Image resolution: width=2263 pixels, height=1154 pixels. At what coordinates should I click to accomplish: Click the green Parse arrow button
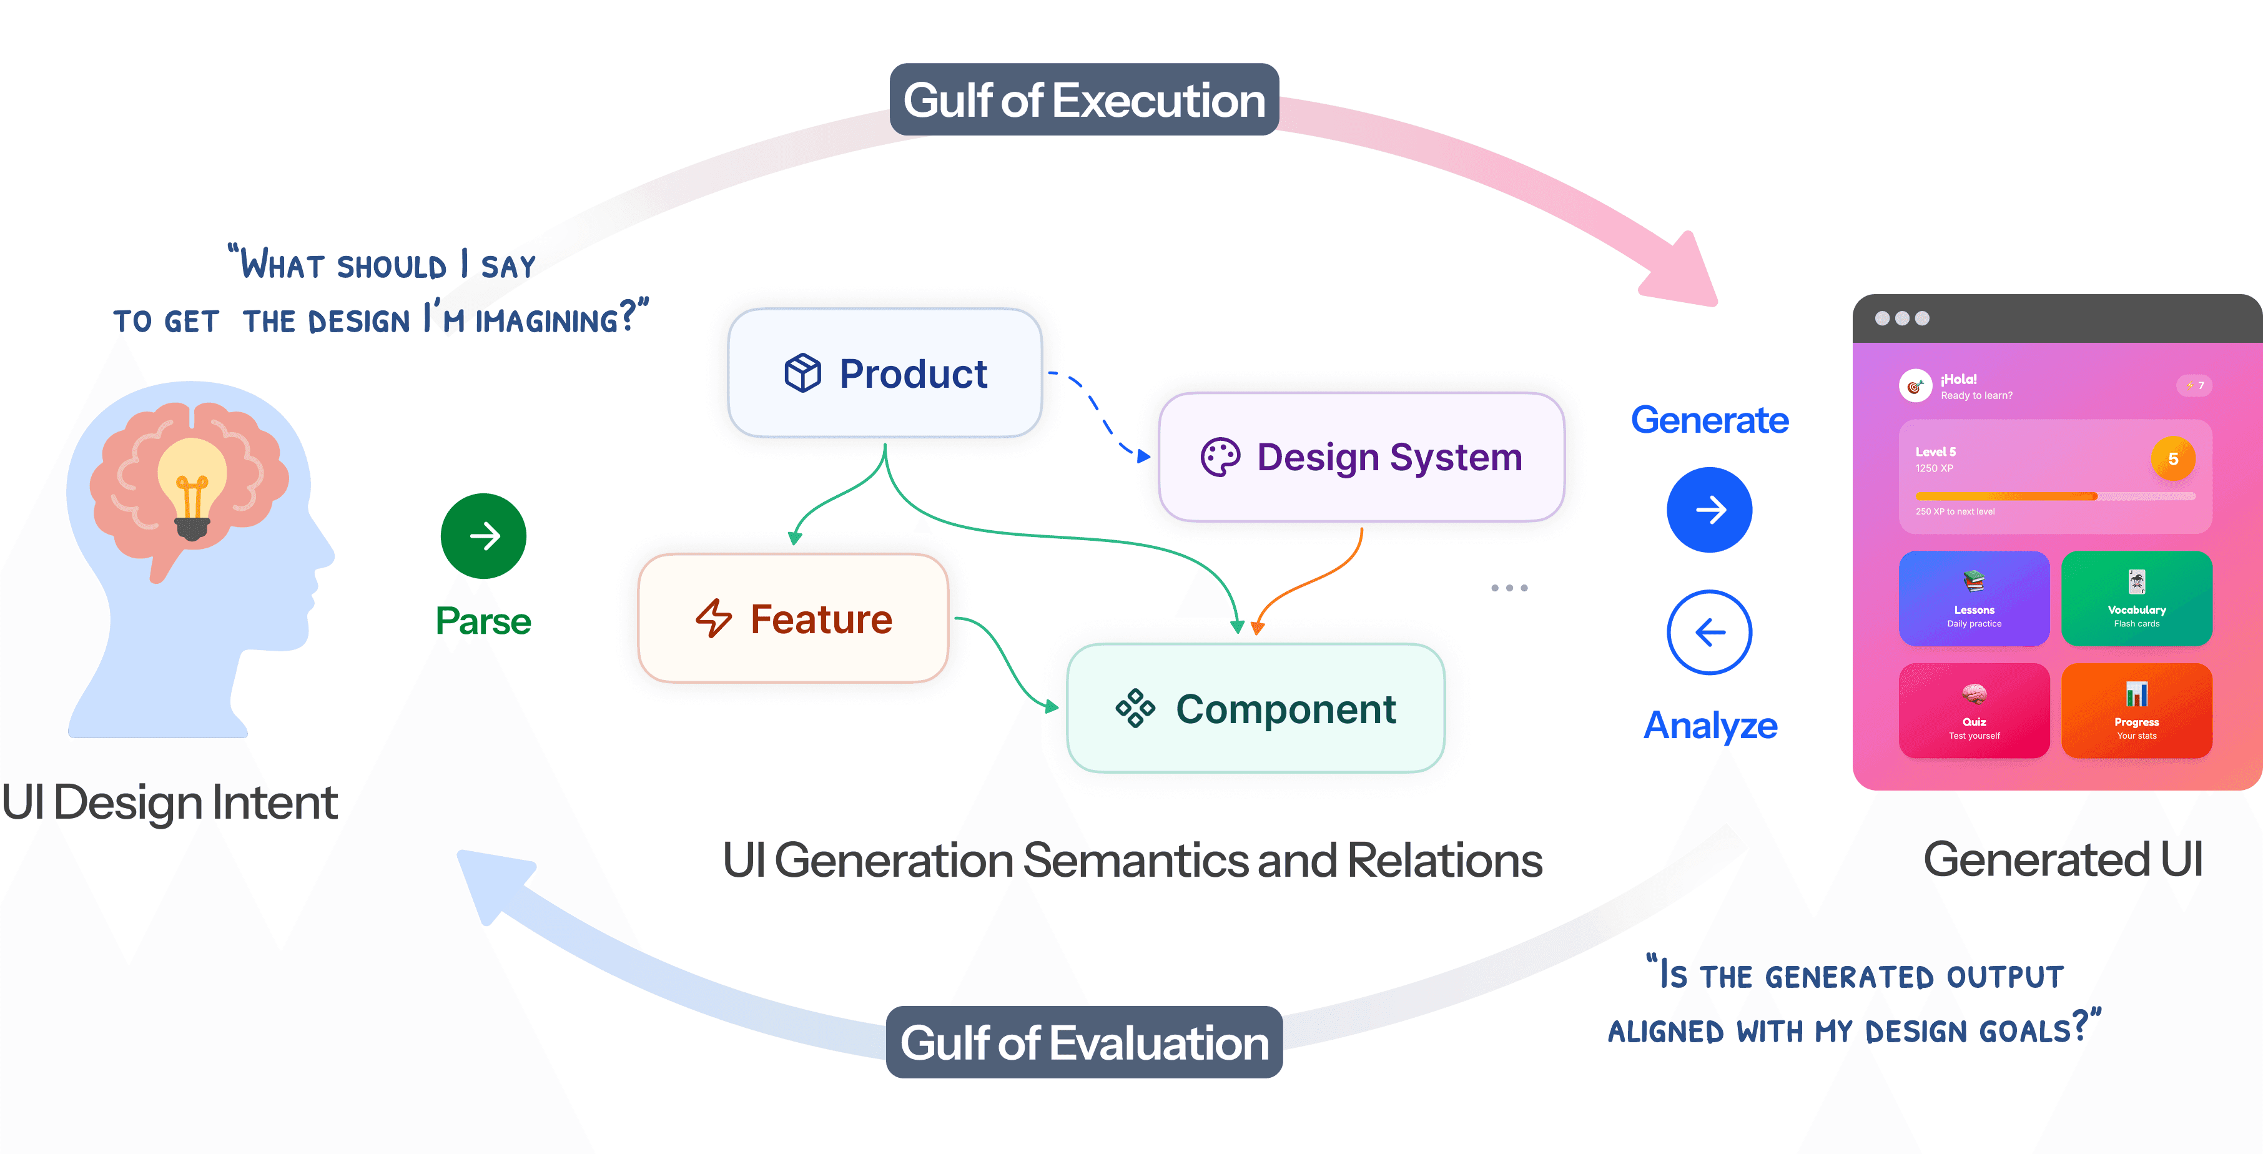point(483,536)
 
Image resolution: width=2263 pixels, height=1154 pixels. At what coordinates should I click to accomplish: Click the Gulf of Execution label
point(1084,100)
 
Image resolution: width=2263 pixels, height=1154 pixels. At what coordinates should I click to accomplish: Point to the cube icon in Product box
point(802,373)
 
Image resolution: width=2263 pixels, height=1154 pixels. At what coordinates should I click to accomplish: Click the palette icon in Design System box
point(1220,458)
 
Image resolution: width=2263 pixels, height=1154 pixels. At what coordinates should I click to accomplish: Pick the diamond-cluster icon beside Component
point(1135,708)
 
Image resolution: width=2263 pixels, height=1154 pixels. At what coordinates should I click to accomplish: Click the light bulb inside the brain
point(192,488)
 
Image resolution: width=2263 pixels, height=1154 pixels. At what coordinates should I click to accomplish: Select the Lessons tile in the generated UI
point(1974,599)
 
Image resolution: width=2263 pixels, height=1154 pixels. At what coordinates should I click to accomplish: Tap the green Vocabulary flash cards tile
point(2136,599)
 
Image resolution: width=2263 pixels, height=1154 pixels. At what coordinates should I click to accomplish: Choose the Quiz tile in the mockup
point(1974,711)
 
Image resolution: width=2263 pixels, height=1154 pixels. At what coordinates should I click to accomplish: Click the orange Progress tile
point(2136,711)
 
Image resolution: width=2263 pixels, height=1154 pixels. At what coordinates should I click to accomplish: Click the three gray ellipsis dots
point(1509,588)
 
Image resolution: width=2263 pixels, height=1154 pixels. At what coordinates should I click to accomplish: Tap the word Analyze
point(1710,726)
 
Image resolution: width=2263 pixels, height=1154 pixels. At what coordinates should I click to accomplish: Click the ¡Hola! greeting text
point(1959,380)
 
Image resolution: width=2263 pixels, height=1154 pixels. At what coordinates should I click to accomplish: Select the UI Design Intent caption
point(170,802)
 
